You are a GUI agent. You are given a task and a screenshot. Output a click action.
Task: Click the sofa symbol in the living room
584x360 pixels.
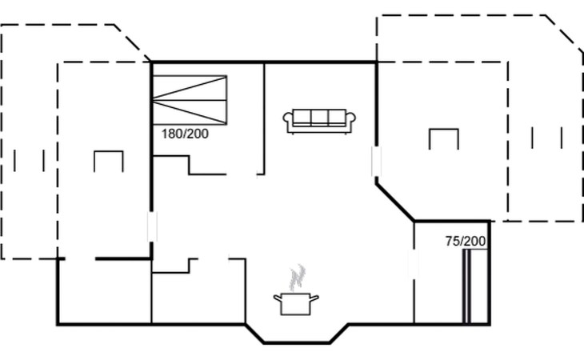(319, 121)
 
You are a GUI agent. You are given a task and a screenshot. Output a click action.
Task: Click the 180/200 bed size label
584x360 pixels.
(185, 134)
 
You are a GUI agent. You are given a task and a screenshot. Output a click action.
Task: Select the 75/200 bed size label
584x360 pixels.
(466, 242)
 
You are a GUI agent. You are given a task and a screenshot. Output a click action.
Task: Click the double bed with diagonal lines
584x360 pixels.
(190, 100)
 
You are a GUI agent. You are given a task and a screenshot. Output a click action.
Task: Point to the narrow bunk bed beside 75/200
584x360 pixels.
(466, 286)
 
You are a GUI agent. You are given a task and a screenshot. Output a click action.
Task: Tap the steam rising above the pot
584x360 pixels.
(298, 278)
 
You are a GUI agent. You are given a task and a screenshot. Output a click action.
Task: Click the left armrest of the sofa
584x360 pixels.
(288, 120)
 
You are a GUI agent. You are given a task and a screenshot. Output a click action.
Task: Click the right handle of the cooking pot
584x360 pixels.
(314, 298)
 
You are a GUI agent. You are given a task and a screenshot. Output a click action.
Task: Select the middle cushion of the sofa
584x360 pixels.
(319, 117)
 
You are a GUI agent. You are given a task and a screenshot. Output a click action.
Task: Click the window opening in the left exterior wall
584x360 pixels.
(152, 226)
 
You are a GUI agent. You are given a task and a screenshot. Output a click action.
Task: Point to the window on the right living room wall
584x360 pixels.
(377, 161)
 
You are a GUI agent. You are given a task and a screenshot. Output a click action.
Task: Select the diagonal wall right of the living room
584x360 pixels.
(395, 202)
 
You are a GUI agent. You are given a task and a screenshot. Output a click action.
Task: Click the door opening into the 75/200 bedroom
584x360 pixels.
(414, 263)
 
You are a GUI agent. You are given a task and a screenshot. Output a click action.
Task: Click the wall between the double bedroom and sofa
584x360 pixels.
(264, 118)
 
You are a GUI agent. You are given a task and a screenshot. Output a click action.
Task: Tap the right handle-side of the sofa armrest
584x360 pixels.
(350, 120)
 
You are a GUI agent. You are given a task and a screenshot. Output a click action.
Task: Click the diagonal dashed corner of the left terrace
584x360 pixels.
(132, 42)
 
